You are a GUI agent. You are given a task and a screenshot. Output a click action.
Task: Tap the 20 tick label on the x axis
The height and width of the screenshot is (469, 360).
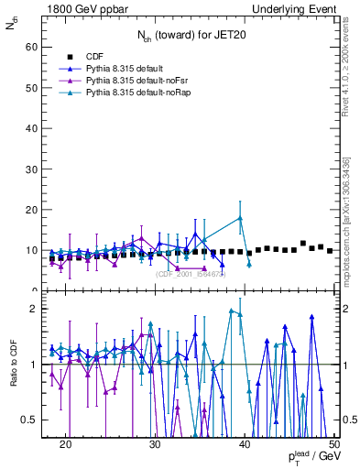[x=65, y=444]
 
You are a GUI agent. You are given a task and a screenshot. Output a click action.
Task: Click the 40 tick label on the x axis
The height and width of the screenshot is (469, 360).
[x=245, y=444]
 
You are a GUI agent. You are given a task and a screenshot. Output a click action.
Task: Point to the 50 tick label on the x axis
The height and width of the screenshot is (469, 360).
[x=333, y=444]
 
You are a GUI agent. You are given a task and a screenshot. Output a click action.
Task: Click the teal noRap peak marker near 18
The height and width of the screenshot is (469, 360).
[x=240, y=218]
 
